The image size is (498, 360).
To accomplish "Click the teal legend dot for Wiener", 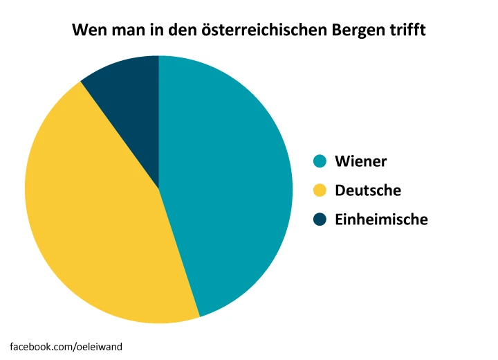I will (x=320, y=161).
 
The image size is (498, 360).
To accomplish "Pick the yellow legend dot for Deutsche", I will (x=320, y=190).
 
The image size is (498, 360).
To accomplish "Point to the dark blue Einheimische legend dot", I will (x=320, y=219).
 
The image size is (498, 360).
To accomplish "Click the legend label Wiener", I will (x=360, y=161).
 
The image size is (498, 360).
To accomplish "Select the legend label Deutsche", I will (x=367, y=190).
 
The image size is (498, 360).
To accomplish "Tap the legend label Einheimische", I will (x=381, y=219).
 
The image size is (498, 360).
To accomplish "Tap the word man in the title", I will (x=126, y=31).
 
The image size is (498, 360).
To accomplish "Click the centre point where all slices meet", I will (x=159, y=189).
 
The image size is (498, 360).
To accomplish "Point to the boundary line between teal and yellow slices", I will (x=179, y=253).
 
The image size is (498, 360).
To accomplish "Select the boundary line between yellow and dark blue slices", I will (x=120, y=136).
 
